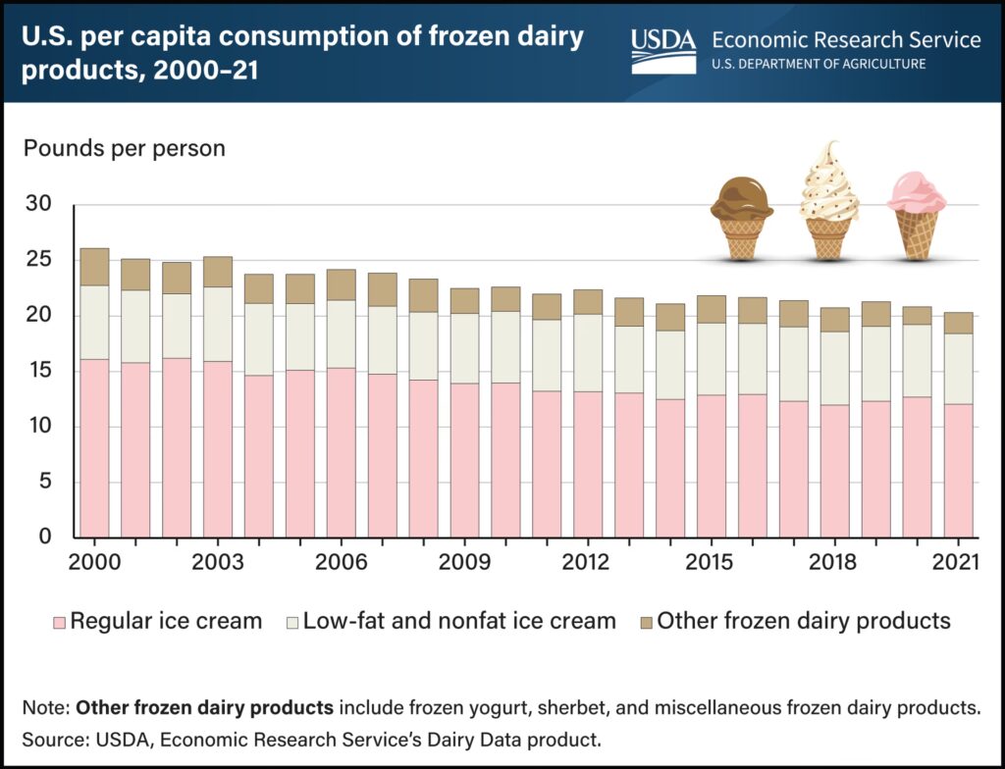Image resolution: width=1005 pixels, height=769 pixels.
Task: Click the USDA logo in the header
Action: point(663,49)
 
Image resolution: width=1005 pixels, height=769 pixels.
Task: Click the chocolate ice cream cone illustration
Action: point(742,218)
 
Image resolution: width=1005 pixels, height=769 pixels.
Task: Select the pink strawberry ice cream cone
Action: point(917,215)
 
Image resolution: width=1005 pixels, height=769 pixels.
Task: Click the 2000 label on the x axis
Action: point(94,563)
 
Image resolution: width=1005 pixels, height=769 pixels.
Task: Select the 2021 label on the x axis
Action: point(958,563)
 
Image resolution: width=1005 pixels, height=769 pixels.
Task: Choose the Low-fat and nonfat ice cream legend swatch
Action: point(290,621)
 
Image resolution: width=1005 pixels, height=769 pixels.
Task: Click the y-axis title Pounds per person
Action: point(125,149)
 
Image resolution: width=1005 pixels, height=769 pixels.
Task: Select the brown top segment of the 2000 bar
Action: point(94,267)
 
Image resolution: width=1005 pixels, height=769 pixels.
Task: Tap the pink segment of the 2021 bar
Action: point(958,471)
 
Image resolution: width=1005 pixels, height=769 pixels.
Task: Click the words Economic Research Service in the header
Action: point(845,40)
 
